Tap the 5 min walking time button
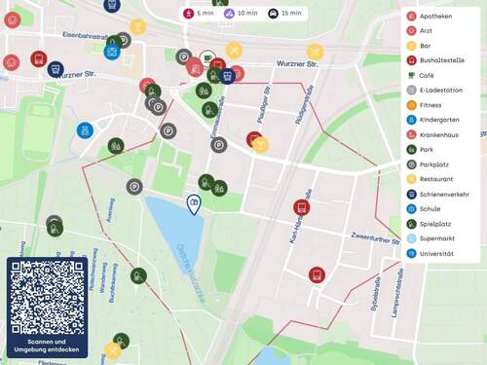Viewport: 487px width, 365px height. click(x=199, y=14)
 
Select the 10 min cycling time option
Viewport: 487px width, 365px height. click(x=241, y=14)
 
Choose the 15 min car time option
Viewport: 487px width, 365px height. click(x=285, y=14)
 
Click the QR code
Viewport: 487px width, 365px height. click(x=47, y=296)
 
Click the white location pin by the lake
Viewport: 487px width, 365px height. click(x=194, y=203)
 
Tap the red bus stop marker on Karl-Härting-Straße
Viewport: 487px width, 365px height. click(x=301, y=207)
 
